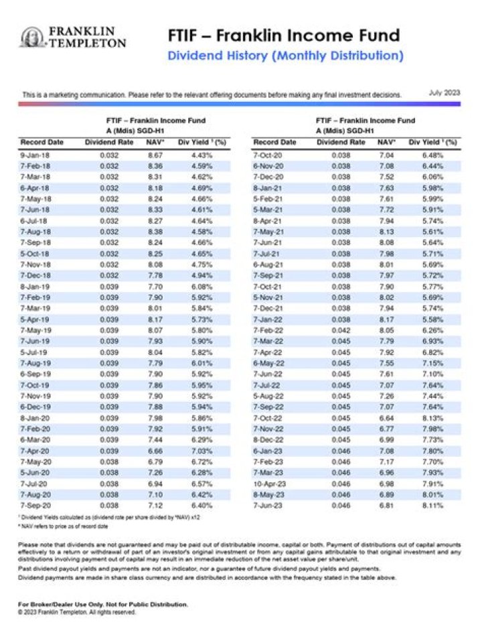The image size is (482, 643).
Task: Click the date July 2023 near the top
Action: tap(444, 92)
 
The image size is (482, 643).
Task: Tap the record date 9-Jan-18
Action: tap(33, 155)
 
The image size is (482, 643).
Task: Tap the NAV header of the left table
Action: tap(154, 143)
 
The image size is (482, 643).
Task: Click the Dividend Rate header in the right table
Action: tap(341, 143)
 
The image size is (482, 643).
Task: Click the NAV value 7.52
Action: tap(386, 177)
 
